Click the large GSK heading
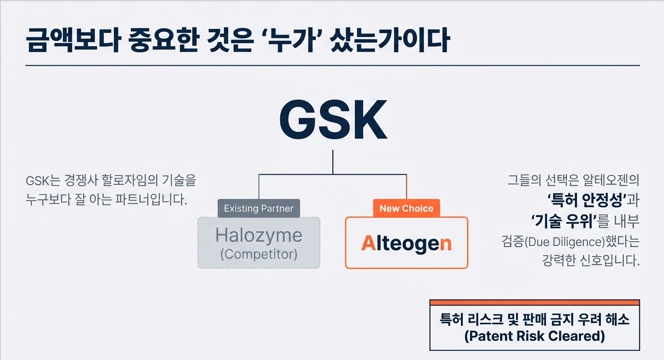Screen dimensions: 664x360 tap(333, 120)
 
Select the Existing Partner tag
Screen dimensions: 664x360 tap(259, 208)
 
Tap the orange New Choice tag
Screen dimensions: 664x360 tap(406, 208)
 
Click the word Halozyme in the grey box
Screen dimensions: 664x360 tap(259, 235)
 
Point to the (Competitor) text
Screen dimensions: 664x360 tap(259, 254)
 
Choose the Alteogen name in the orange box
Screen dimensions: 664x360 tap(406, 243)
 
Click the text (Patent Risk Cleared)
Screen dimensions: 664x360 tap(534, 336)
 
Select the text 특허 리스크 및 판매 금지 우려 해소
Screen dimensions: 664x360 tap(534, 319)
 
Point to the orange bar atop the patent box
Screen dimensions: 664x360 tap(534, 303)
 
